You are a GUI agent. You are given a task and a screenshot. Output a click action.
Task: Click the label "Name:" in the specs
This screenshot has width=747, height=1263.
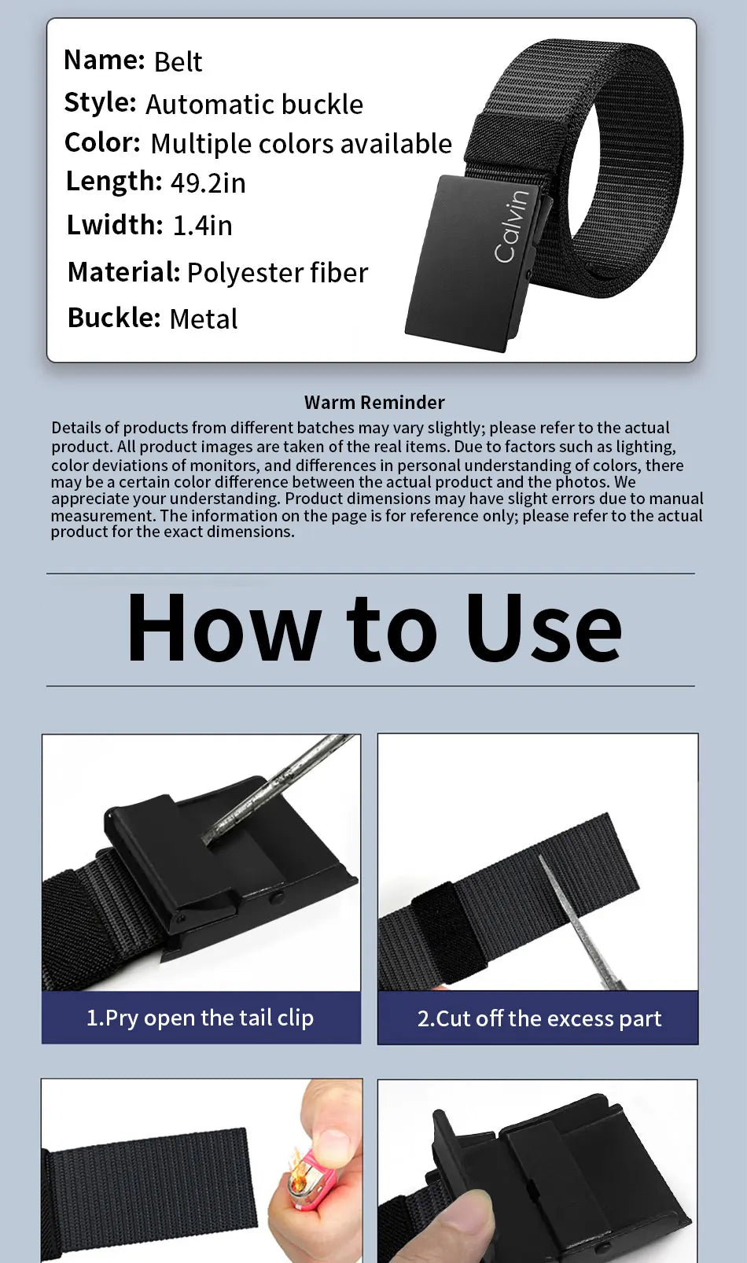[x=105, y=59]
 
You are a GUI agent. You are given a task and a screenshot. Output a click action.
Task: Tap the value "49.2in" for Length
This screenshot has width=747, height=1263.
[x=208, y=182]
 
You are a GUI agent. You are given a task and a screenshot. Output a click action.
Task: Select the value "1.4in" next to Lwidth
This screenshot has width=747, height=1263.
[x=202, y=226]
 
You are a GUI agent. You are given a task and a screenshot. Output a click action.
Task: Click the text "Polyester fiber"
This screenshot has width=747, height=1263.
[x=278, y=273]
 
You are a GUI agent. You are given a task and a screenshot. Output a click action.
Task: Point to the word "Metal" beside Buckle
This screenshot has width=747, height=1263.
[x=204, y=319]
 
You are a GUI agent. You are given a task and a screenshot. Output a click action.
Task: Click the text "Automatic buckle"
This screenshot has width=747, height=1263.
[x=254, y=105]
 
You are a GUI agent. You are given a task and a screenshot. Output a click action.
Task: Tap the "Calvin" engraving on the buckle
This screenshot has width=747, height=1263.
[x=512, y=226]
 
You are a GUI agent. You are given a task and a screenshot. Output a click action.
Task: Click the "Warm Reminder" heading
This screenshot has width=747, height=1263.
[x=374, y=402]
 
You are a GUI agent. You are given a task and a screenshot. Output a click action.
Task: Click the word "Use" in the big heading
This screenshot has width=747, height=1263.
[x=543, y=628]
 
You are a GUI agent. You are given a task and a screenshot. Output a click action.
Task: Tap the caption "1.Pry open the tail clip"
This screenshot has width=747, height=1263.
[x=201, y=1018]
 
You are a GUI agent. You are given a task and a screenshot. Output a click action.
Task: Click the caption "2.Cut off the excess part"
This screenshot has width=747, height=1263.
[x=539, y=1019]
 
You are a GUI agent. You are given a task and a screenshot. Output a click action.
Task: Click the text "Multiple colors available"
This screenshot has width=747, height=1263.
[x=301, y=144]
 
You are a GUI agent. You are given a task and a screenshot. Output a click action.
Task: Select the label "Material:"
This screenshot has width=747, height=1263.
[x=123, y=272]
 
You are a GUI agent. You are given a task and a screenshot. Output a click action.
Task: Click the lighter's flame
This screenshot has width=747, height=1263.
[x=296, y=1162]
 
